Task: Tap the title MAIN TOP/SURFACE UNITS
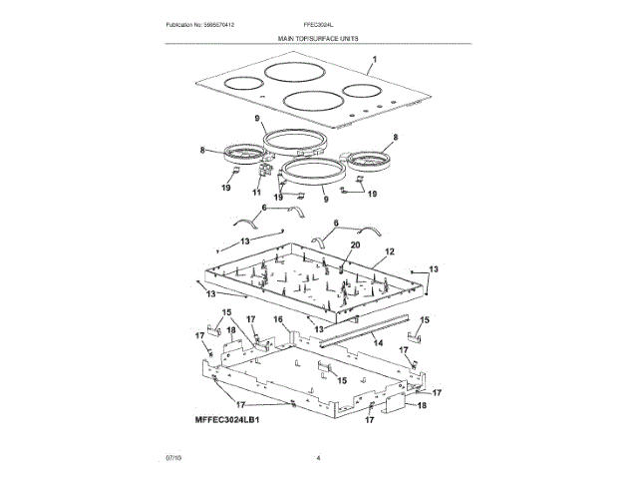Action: (x=318, y=37)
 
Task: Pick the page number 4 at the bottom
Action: (x=318, y=458)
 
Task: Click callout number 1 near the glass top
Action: (x=374, y=60)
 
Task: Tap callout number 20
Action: (x=354, y=244)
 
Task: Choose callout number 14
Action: (x=377, y=342)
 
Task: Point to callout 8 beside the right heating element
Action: (x=395, y=137)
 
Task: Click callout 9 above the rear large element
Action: (x=256, y=119)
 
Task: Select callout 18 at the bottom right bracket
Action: (x=421, y=406)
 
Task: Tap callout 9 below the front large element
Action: (x=325, y=199)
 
